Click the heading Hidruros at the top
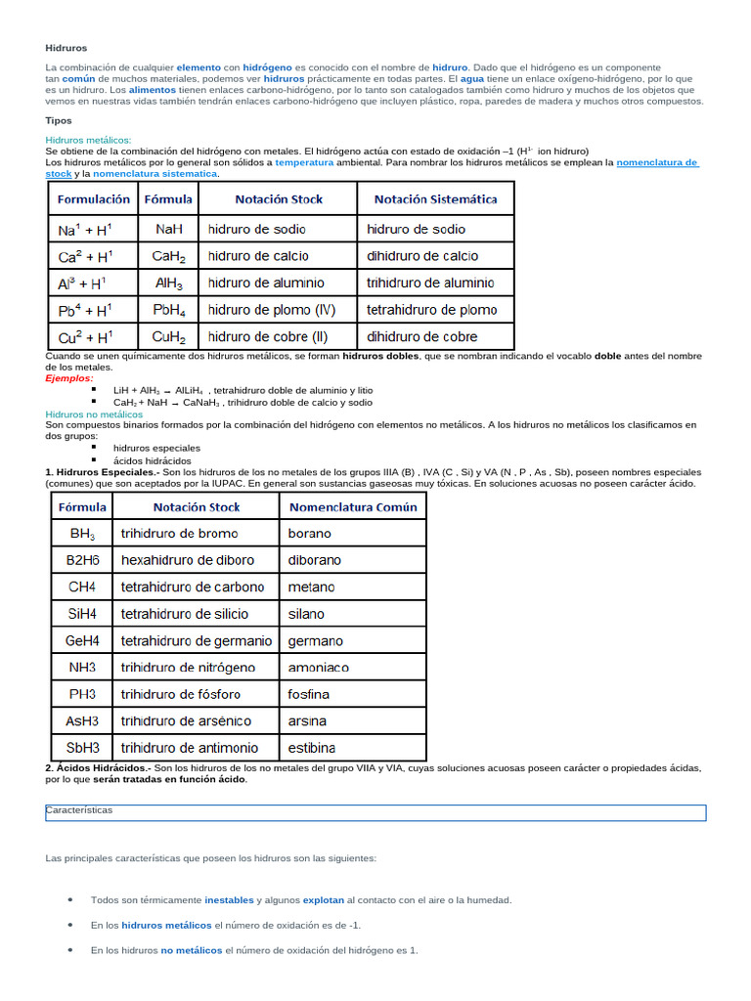(x=66, y=47)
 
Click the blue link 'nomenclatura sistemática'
(x=155, y=174)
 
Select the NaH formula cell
(x=168, y=230)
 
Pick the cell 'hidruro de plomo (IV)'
(x=271, y=310)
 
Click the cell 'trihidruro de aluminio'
(x=430, y=283)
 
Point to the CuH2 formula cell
(x=168, y=337)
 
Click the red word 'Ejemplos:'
(x=69, y=377)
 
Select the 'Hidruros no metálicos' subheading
(x=94, y=413)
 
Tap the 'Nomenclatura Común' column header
(x=352, y=507)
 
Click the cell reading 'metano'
(x=311, y=588)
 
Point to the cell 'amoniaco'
(x=318, y=668)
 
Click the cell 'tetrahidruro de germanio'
(x=196, y=641)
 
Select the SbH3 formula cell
(x=83, y=748)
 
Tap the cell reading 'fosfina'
(x=309, y=694)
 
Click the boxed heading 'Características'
(x=79, y=810)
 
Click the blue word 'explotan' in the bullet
(x=323, y=899)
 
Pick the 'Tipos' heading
(x=59, y=120)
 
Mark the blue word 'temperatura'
(x=304, y=162)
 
